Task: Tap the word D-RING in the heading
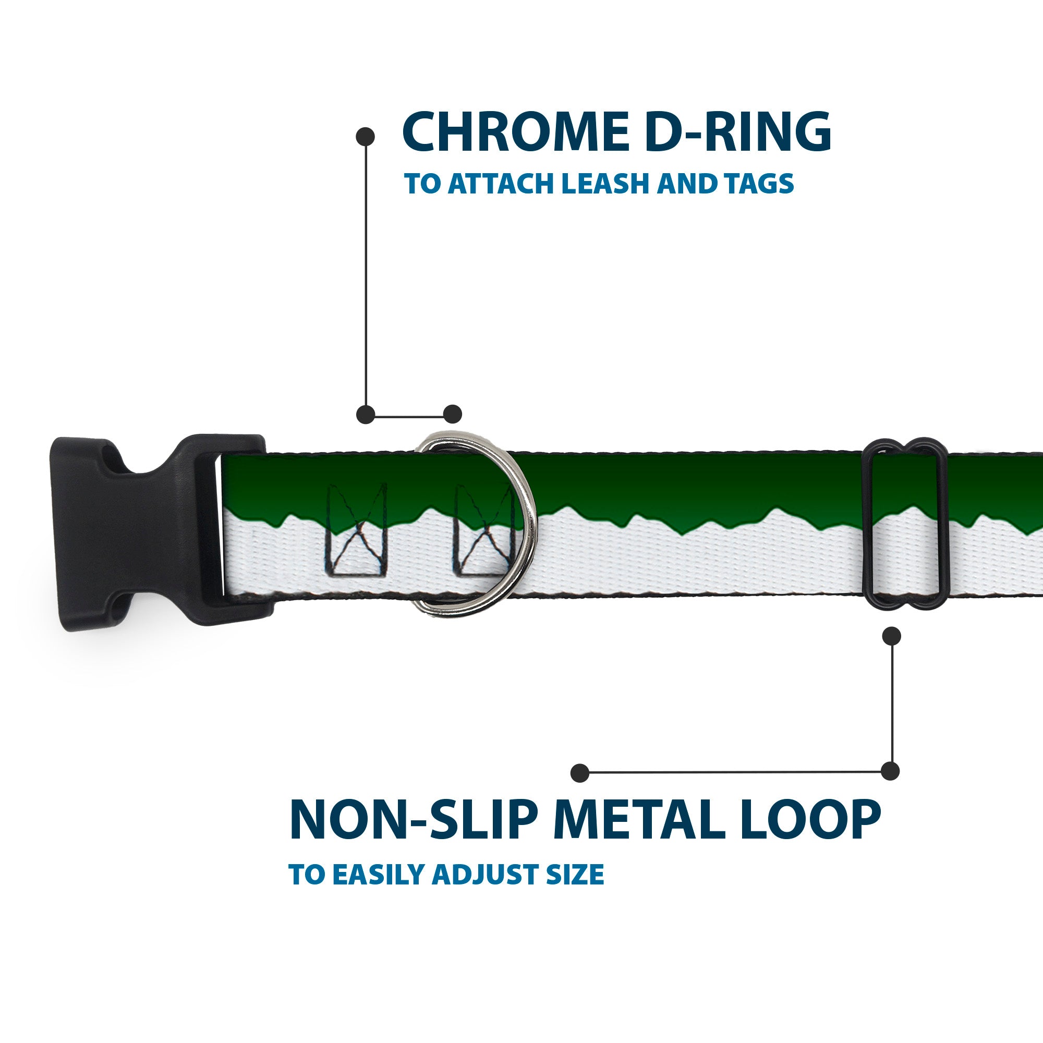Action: point(737,132)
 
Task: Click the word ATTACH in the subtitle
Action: point(502,184)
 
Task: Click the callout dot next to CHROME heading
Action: point(366,137)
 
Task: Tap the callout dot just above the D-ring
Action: point(452,414)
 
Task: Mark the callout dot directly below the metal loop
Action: point(891,636)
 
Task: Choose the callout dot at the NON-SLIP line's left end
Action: point(580,773)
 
